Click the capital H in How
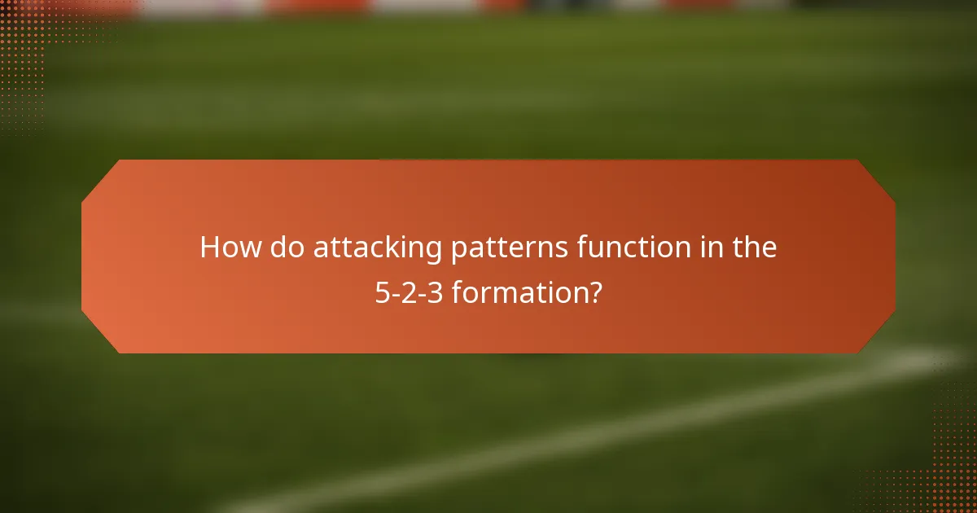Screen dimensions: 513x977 point(211,248)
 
